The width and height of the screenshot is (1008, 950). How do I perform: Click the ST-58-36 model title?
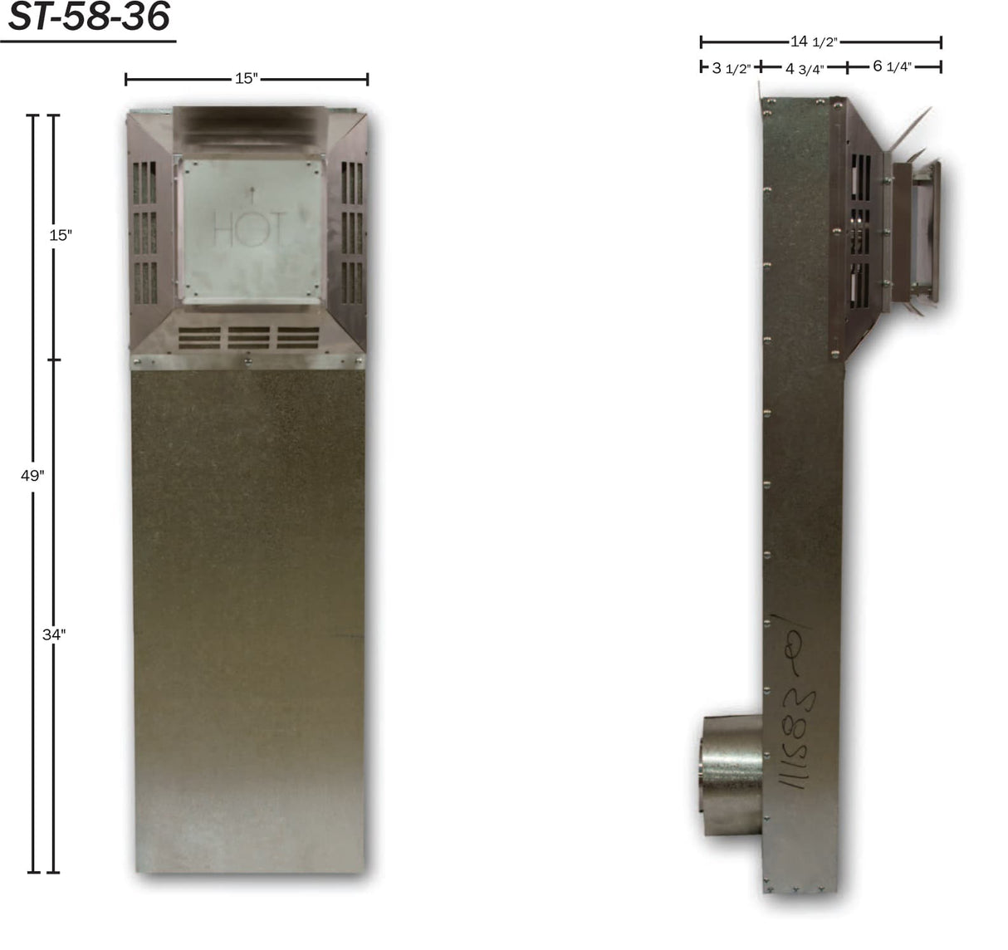tap(88, 18)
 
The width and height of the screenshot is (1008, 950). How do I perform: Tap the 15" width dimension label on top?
tap(247, 79)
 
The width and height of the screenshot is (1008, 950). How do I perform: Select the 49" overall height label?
tap(32, 476)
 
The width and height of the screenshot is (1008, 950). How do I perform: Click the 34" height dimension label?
tap(54, 634)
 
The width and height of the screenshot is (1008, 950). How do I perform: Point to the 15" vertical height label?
tap(61, 235)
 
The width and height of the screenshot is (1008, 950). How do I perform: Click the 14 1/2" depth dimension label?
tap(813, 42)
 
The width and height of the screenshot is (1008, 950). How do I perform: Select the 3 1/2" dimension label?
tap(731, 68)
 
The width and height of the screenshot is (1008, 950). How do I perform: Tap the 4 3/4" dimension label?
tap(805, 68)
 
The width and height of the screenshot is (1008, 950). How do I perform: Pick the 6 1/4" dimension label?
tap(893, 66)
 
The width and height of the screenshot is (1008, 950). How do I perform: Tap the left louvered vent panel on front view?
tap(144, 233)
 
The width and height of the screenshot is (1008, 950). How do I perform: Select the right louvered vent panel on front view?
tap(352, 233)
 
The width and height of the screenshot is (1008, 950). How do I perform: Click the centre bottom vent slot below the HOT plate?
tap(249, 336)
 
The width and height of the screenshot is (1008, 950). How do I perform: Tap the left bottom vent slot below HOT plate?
tap(199, 336)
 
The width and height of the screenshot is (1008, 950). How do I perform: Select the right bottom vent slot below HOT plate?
tap(299, 336)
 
